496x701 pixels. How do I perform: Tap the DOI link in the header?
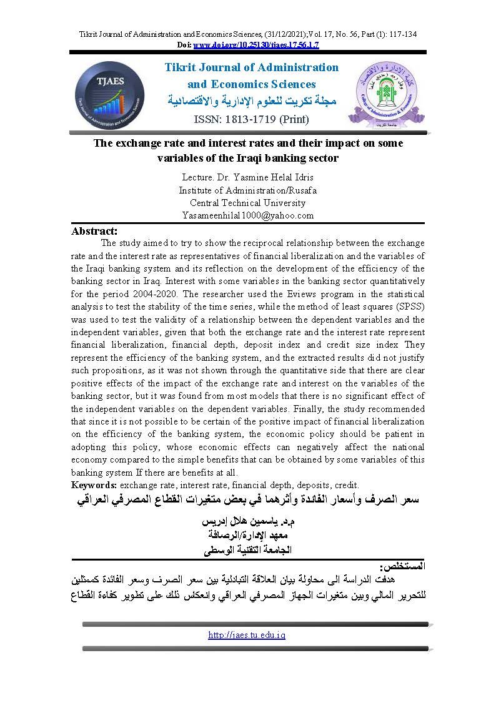(x=257, y=46)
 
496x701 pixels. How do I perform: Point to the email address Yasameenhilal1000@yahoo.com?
(x=248, y=215)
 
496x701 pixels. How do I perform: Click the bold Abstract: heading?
(x=95, y=231)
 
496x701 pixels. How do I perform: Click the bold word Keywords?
(x=94, y=485)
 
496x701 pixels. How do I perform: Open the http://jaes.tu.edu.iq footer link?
(x=246, y=635)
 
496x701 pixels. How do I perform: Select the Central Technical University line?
(x=248, y=203)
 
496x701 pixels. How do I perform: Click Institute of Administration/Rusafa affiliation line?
(x=248, y=190)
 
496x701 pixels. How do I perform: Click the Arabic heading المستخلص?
(x=405, y=567)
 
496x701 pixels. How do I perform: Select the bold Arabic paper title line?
(x=248, y=501)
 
